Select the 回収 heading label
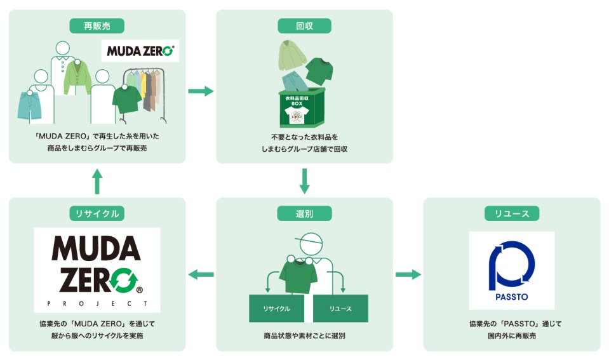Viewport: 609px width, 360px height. click(304, 25)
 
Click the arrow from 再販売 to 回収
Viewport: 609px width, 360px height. click(201, 91)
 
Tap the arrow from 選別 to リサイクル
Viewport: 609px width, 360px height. click(201, 274)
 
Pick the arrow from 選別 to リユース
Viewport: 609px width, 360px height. click(408, 274)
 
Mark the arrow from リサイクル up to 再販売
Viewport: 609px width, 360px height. click(97, 181)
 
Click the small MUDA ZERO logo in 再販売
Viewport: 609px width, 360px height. click(140, 51)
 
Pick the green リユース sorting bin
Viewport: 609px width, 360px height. click(340, 309)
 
